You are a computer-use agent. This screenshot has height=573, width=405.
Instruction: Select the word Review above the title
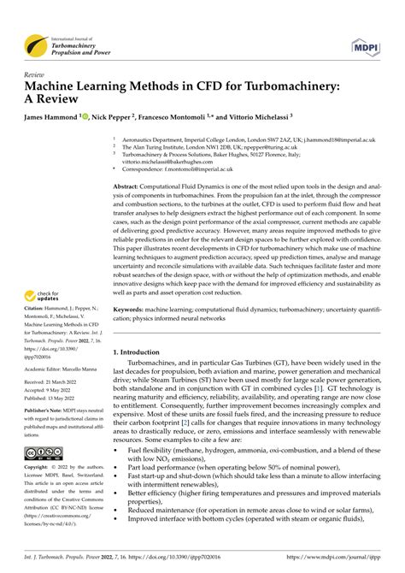coord(37,75)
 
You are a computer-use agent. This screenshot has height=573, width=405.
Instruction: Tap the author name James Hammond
coord(56,115)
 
